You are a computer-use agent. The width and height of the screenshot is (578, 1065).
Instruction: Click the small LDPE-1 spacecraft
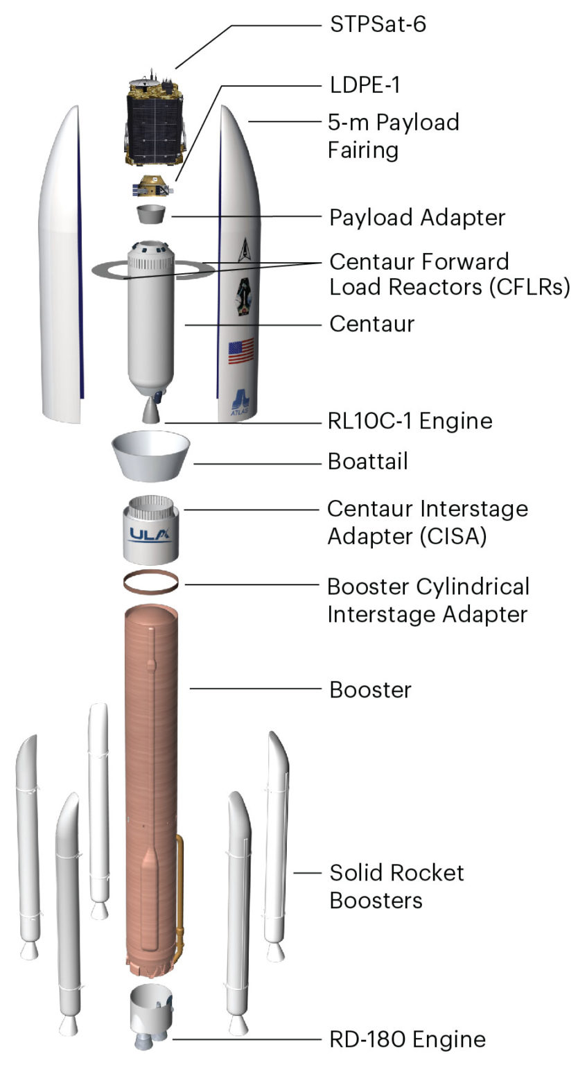(x=152, y=186)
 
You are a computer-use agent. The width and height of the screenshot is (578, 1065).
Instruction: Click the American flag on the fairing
(x=241, y=352)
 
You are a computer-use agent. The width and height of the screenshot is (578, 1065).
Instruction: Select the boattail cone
(x=151, y=455)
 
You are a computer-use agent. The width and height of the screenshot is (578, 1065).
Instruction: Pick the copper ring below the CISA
(x=151, y=582)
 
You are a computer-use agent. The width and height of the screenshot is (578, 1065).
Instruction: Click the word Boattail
(x=368, y=461)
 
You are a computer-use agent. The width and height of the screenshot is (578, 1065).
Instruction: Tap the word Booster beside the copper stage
(x=370, y=690)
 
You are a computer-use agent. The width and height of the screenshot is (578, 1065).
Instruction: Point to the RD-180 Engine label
(x=407, y=1039)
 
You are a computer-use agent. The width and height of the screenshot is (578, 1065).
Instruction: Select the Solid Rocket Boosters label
(x=396, y=886)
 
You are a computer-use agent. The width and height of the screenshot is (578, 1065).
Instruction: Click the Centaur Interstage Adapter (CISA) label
(x=427, y=523)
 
